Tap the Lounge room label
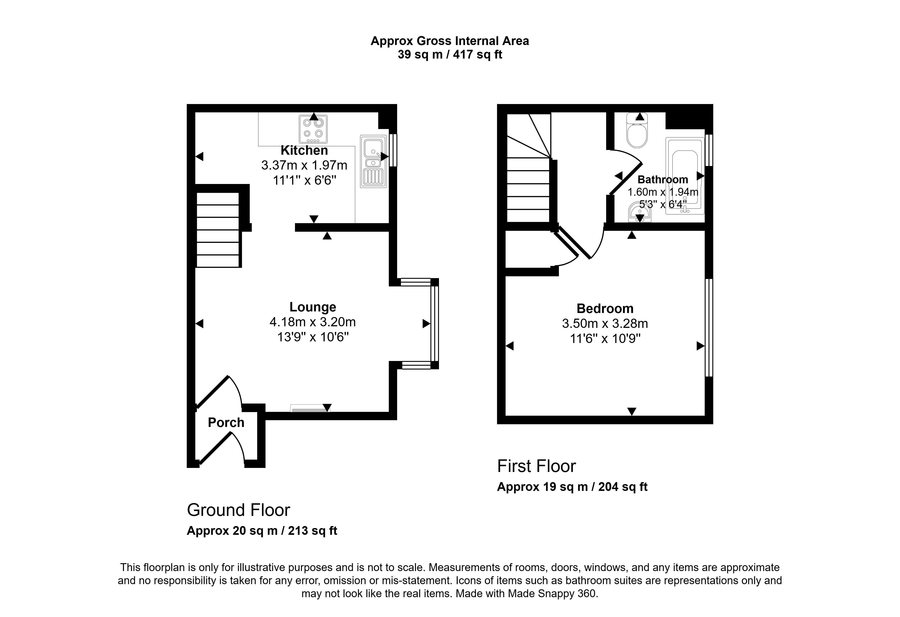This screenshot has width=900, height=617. pos(313,307)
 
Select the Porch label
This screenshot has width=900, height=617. pos(226,422)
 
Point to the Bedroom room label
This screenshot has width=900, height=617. pos(605,308)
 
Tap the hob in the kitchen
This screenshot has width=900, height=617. pos(313,129)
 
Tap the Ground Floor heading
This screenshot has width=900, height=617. pos(238,510)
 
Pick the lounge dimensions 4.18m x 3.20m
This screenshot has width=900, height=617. pos(313,322)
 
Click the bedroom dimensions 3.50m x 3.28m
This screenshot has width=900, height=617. pos(605,324)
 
